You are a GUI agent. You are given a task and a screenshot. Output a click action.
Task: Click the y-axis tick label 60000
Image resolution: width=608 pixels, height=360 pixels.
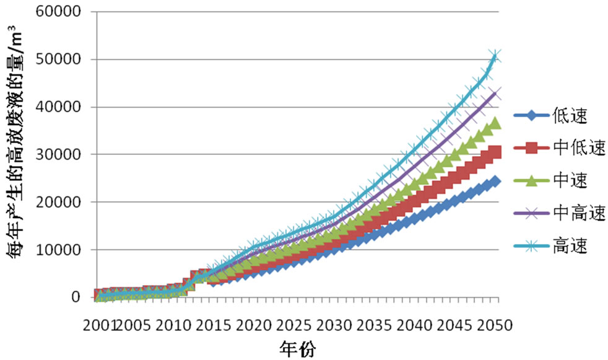59,12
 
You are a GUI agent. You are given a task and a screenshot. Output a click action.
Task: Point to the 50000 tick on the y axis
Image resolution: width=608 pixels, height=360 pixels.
59,60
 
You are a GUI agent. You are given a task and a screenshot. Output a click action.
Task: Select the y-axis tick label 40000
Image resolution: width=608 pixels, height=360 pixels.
59,107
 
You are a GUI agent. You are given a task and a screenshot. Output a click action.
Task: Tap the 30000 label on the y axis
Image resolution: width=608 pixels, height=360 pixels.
59,155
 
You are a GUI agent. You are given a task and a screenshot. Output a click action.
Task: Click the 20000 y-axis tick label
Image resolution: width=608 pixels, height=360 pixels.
59,202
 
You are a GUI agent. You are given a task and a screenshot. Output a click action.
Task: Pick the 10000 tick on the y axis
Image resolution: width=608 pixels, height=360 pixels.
59,250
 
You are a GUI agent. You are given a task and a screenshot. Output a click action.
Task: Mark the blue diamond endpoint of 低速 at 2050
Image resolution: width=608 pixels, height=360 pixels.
495,182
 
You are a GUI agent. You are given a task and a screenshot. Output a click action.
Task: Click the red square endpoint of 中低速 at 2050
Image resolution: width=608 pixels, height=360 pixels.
495,152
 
